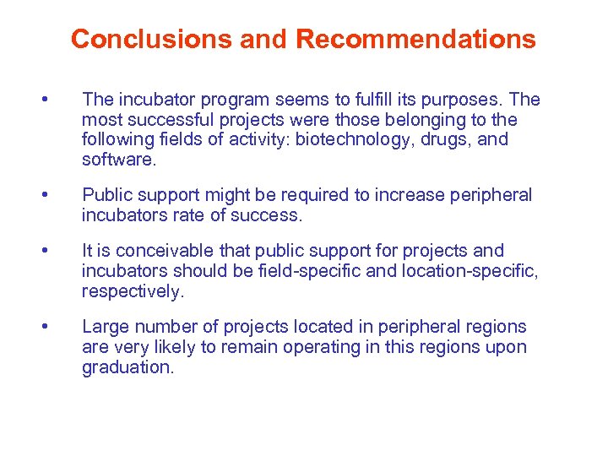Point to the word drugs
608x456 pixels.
445,139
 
